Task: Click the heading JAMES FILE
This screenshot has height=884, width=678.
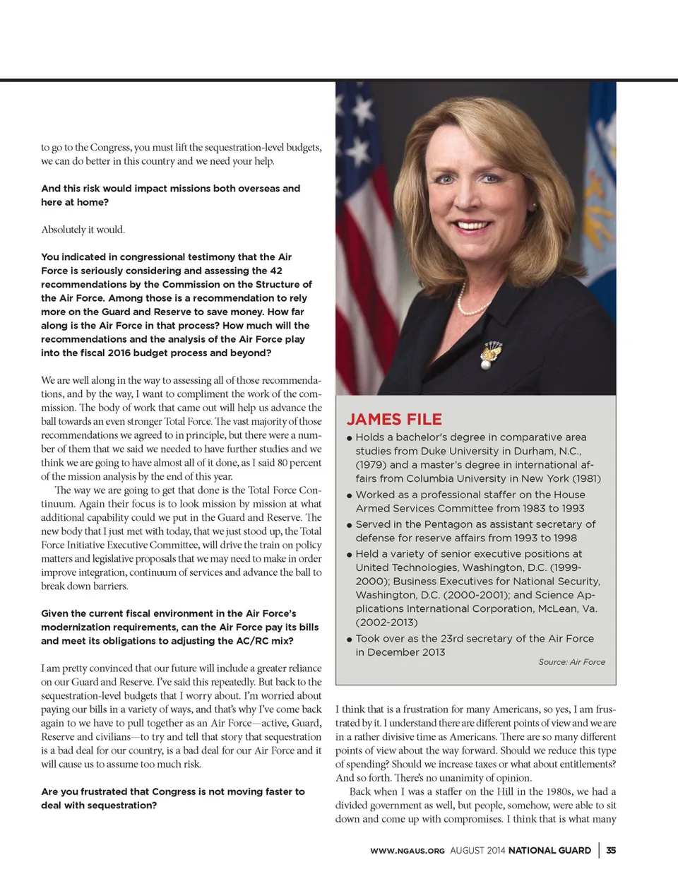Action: pyautogui.click(x=394, y=419)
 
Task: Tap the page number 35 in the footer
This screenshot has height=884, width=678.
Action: pyautogui.click(x=611, y=850)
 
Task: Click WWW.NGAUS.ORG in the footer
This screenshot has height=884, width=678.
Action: pyautogui.click(x=408, y=851)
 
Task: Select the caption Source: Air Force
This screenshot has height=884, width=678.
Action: pyautogui.click(x=571, y=662)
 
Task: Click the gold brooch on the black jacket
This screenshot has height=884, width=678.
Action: pyautogui.click(x=490, y=353)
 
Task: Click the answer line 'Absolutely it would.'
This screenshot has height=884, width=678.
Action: pyautogui.click(x=83, y=230)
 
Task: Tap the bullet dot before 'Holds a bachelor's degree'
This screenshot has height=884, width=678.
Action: pyautogui.click(x=350, y=438)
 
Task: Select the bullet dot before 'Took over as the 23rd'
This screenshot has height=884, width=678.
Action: pyautogui.click(x=350, y=639)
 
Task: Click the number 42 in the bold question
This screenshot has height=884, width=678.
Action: pyautogui.click(x=276, y=271)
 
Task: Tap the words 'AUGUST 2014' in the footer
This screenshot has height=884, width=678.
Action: pyautogui.click(x=477, y=851)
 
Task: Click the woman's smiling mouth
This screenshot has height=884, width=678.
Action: pyautogui.click(x=472, y=226)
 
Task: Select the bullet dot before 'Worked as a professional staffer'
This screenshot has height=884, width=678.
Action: pyautogui.click(x=350, y=495)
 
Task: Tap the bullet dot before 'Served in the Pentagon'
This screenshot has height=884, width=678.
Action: pyautogui.click(x=350, y=525)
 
